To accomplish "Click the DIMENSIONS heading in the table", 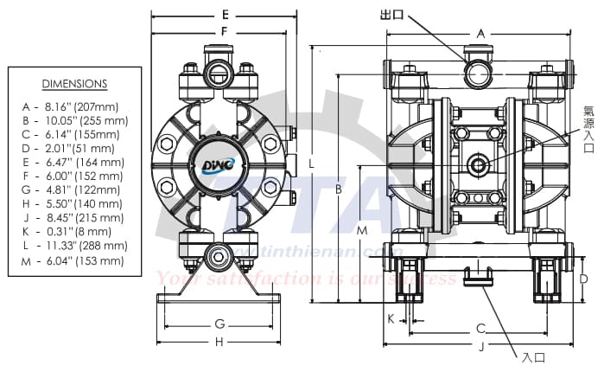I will pyautogui.click(x=74, y=84).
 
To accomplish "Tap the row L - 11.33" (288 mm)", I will pyautogui.click(x=74, y=246).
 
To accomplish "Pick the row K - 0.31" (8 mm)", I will pyautogui.click(x=74, y=232).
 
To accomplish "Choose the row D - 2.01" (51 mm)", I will pyautogui.click(x=74, y=148).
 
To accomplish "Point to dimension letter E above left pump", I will pyautogui.click(x=225, y=14).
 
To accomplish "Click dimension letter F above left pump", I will pyautogui.click(x=225, y=31).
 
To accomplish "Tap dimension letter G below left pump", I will pyautogui.click(x=219, y=324).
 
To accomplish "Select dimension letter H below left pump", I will pyautogui.click(x=219, y=342).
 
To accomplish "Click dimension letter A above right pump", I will pyautogui.click(x=480, y=32).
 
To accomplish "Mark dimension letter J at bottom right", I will pyautogui.click(x=480, y=346).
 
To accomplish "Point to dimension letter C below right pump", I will pyautogui.click(x=480, y=329).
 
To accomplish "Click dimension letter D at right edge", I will pyautogui.click(x=583, y=279).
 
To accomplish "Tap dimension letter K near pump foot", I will pyautogui.click(x=391, y=318).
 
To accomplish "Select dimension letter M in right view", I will pyautogui.click(x=362, y=231).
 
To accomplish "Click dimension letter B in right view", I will pyautogui.click(x=340, y=189).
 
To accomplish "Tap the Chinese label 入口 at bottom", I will pyautogui.click(x=533, y=356).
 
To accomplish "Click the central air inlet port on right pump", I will pyautogui.click(x=477, y=164).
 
